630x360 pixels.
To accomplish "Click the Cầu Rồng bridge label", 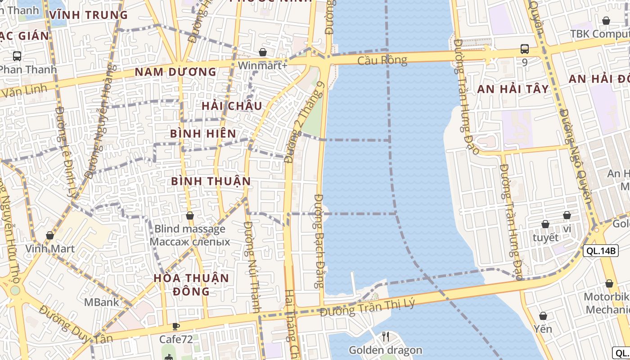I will pyautogui.click(x=382, y=60).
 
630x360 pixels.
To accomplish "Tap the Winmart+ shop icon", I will pyautogui.click(x=263, y=52).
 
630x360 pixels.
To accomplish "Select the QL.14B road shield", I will pyautogui.click(x=600, y=251).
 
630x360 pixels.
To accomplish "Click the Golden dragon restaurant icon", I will pyautogui.click(x=386, y=336).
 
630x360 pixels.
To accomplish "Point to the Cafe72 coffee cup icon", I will pyautogui.click(x=176, y=326).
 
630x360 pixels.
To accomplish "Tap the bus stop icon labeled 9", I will pyautogui.click(x=524, y=49).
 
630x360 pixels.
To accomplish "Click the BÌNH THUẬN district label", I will pyautogui.click(x=211, y=181).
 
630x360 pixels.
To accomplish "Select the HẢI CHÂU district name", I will pyautogui.click(x=232, y=106).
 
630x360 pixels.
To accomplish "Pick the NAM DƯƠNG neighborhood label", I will pyautogui.click(x=175, y=72).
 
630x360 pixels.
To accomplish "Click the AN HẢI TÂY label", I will pyautogui.click(x=513, y=89).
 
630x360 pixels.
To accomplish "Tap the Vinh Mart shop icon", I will pyautogui.click(x=50, y=235).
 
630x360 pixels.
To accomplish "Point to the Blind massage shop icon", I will pyautogui.click(x=190, y=216).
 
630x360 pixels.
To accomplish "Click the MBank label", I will pyautogui.click(x=102, y=302).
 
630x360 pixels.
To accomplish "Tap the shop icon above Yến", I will pyautogui.click(x=543, y=316).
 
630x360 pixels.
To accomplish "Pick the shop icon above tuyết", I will pyautogui.click(x=545, y=224).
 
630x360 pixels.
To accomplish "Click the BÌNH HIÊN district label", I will pyautogui.click(x=203, y=134).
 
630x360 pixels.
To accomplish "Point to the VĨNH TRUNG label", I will pyautogui.click(x=89, y=15).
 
